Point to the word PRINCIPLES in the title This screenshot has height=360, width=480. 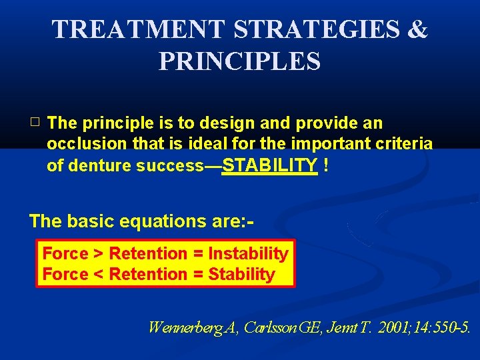coord(239,61)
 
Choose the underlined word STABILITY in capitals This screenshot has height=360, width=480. coord(269,165)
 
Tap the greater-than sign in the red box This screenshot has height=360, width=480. coord(98,254)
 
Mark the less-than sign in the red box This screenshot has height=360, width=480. coord(98,275)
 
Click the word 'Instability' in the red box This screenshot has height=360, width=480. coord(248,254)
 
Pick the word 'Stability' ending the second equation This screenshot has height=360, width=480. coord(241,275)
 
